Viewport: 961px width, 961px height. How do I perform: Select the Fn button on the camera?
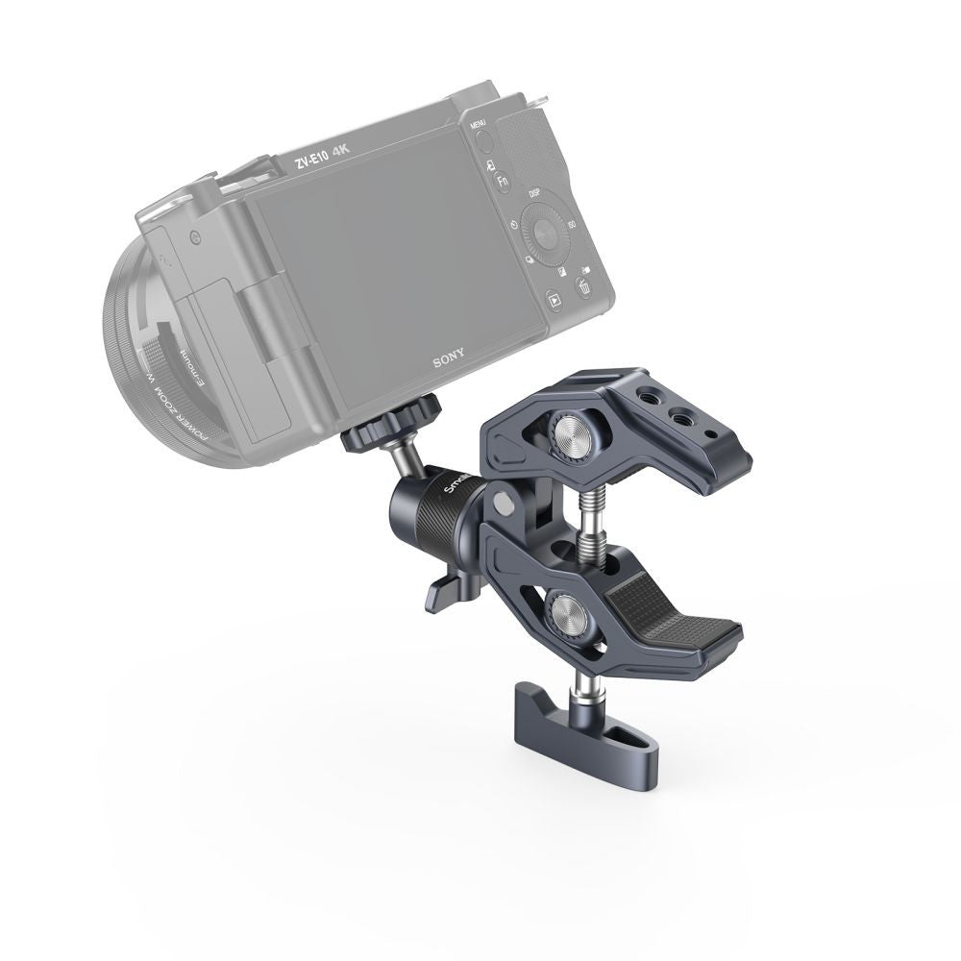[502, 181]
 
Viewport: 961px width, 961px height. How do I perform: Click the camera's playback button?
[554, 300]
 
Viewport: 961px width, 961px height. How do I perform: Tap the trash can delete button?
[583, 285]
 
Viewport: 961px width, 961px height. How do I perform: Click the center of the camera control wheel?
[546, 234]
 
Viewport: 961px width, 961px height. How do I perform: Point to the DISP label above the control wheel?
[535, 193]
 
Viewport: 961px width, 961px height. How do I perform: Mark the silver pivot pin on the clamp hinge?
[501, 503]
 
